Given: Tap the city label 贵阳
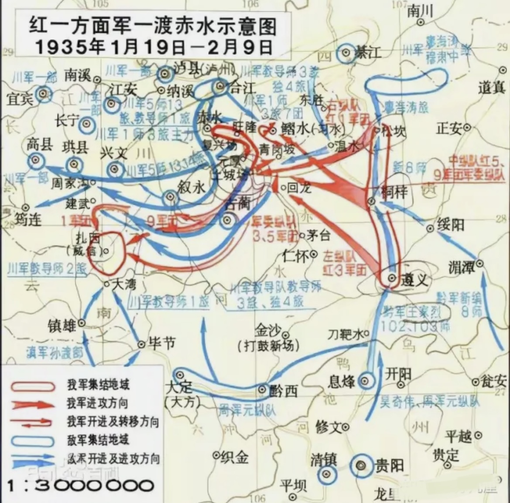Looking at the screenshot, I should point(390,465).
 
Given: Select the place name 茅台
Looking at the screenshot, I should point(318,235).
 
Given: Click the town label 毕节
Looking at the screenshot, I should point(162,343).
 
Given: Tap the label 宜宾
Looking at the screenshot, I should point(20,99).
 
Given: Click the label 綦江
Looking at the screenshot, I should point(368,53).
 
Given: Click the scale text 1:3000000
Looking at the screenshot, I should point(81,486).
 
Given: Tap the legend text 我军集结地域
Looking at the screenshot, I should point(98,385).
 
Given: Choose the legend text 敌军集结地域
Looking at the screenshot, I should point(98,440).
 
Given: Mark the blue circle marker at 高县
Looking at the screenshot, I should point(36,161).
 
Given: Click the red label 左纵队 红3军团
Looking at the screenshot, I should point(345,263).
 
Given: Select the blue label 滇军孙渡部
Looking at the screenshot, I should point(55,353).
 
